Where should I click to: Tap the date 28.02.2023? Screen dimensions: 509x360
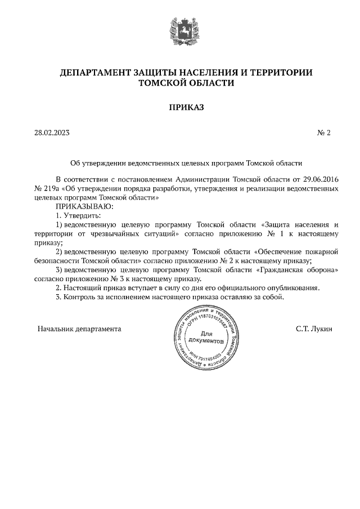click(x=52, y=133)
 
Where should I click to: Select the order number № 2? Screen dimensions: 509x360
click(x=324, y=133)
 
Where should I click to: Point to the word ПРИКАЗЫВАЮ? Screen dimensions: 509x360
click(x=84, y=206)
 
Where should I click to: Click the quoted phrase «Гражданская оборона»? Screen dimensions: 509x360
click(x=298, y=269)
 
